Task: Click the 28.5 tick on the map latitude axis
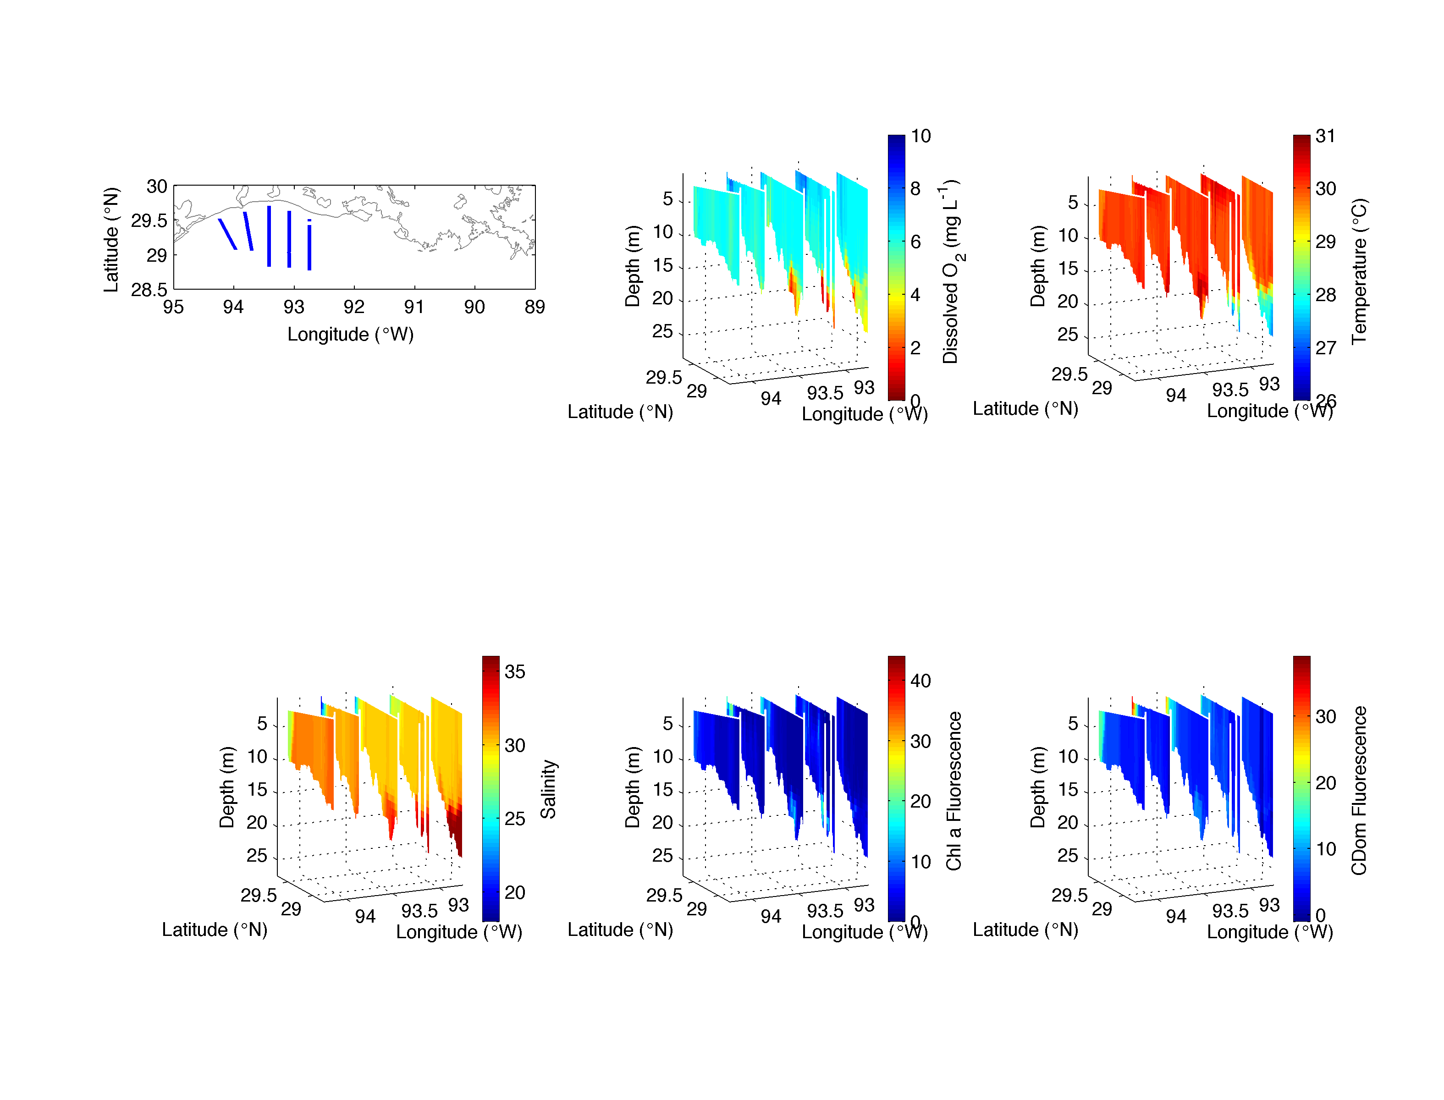tap(149, 289)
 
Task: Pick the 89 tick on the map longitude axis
tap(535, 307)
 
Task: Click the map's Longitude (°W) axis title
tap(350, 335)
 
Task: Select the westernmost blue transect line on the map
tap(227, 234)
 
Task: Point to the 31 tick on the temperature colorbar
tap(1325, 136)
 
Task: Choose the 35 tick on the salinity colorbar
tap(515, 672)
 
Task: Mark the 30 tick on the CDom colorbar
tap(1325, 716)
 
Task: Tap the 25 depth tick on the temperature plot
tap(1068, 335)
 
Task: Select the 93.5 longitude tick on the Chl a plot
tap(825, 911)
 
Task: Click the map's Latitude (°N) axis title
tap(112, 240)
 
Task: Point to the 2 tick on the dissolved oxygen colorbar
tap(915, 348)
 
